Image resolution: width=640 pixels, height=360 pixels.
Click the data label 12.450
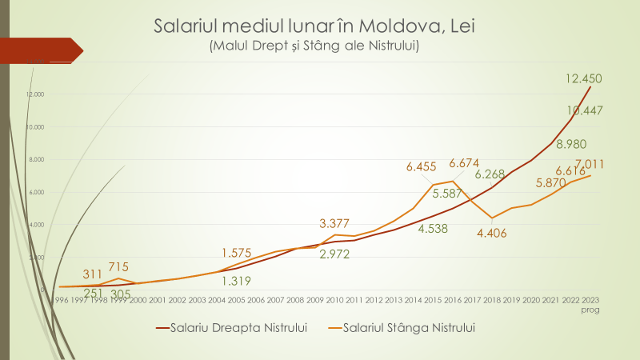(583, 78)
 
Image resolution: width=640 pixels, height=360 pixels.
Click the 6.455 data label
(426, 166)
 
